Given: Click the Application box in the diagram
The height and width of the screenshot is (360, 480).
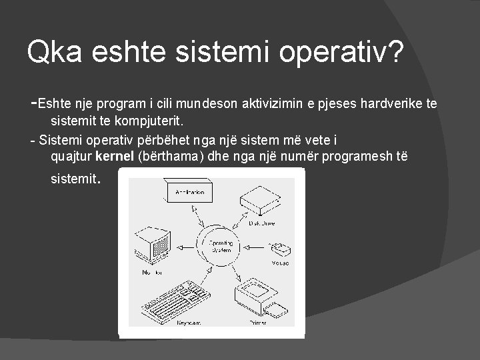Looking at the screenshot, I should [189, 193].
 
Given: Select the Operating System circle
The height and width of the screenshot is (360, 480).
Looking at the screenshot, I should [221, 247].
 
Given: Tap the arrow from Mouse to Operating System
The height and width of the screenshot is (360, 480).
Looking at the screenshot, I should [257, 247].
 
